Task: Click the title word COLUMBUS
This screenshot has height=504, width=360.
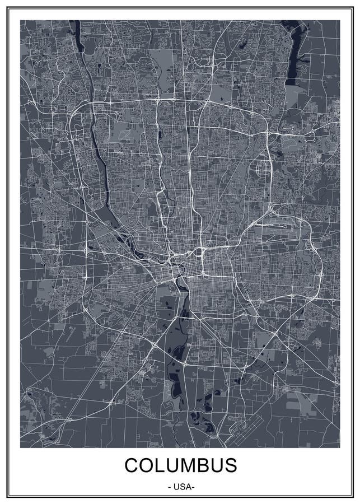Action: pyautogui.click(x=180, y=466)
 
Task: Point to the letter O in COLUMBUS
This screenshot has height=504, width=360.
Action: pyautogui.click(x=147, y=466)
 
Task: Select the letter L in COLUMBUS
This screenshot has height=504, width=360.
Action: pyautogui.click(x=160, y=466)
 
